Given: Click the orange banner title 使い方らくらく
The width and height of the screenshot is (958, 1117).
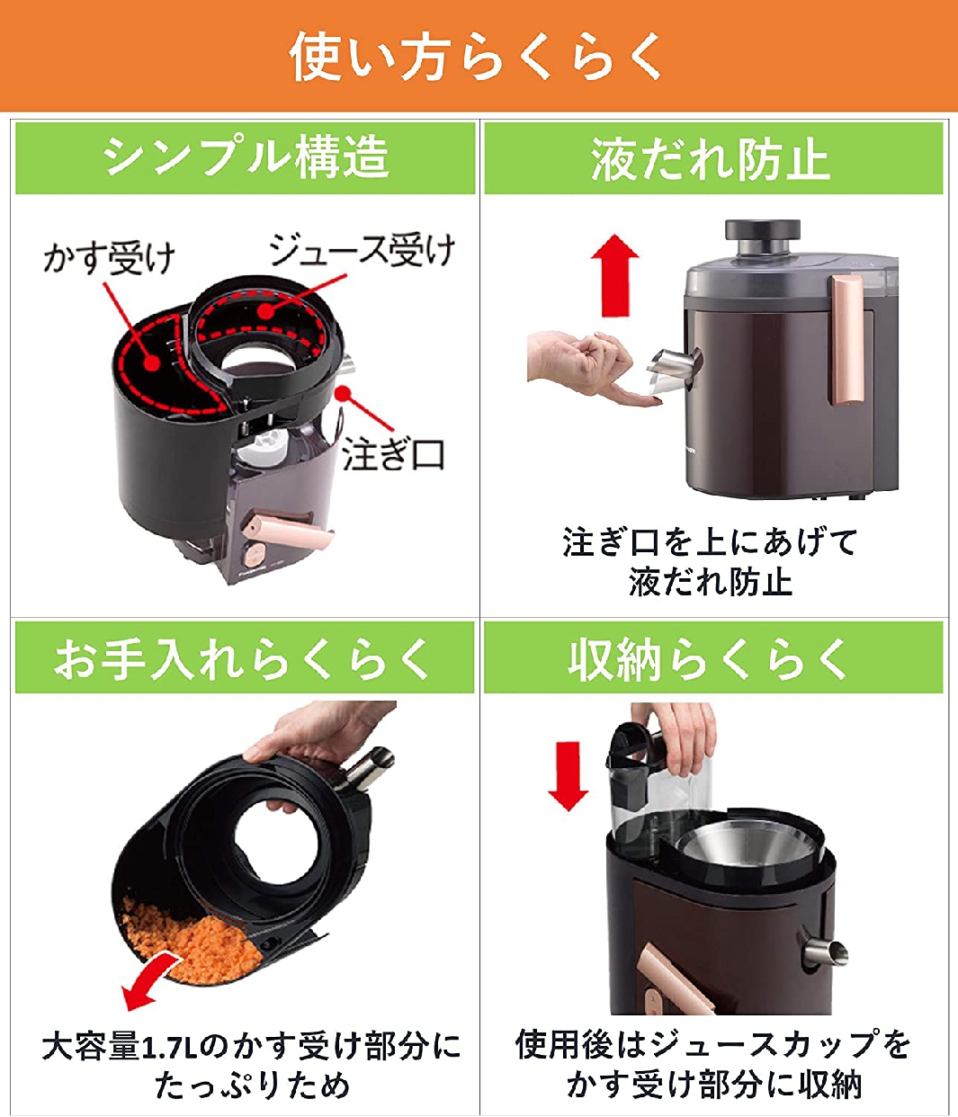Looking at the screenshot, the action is tap(476, 56).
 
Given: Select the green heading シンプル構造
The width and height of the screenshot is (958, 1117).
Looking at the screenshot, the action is tap(246, 157).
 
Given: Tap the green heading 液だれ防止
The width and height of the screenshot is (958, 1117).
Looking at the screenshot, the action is tap(711, 158).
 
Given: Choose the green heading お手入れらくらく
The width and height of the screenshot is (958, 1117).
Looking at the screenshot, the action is tap(242, 657).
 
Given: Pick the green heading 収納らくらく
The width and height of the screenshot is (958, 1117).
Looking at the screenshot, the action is tap(708, 658).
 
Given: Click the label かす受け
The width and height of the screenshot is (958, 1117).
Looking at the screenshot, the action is tap(109, 258).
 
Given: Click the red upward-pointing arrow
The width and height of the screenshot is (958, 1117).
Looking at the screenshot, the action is tap(614, 275).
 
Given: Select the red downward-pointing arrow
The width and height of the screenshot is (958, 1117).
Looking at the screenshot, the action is tap(568, 775).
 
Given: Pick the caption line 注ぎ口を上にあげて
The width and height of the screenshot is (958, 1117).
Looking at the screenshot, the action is tap(711, 542).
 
